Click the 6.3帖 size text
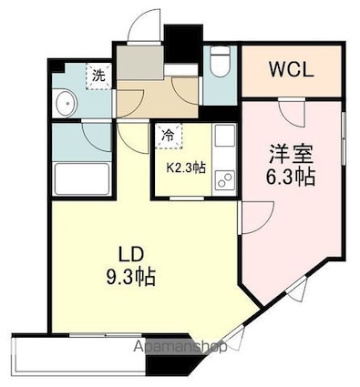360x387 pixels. [292, 176]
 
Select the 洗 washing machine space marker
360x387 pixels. [98, 76]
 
